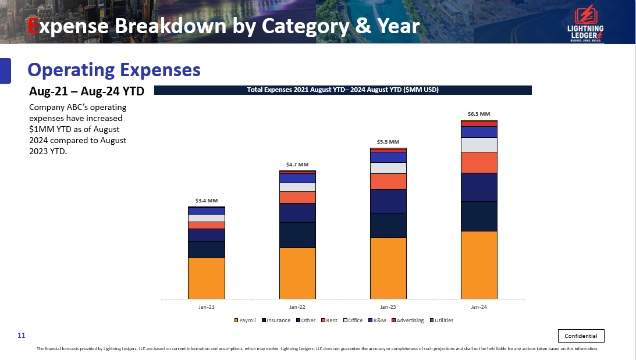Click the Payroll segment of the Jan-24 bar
[x=479, y=265]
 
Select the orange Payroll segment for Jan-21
[x=206, y=278]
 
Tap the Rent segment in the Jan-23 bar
[x=388, y=181]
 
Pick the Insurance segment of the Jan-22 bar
[x=297, y=234]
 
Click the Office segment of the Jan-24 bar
[x=479, y=144]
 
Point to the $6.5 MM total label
[x=479, y=114]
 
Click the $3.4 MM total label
[x=206, y=201]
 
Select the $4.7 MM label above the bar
[x=297, y=165]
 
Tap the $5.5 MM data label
[x=388, y=141]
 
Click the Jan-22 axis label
[x=297, y=306]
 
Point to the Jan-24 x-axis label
[x=479, y=306]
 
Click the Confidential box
[x=581, y=336]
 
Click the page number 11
[x=22, y=336]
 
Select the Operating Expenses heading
[x=114, y=70]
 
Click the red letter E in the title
[x=33, y=26]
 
